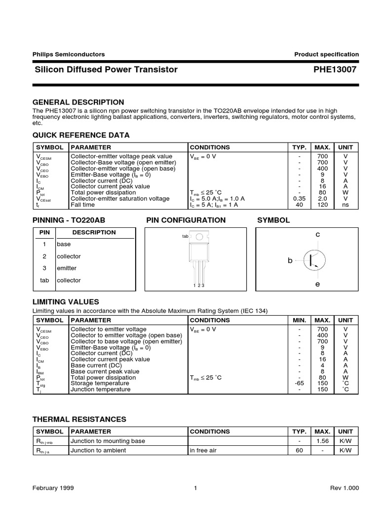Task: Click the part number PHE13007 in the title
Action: [334, 70]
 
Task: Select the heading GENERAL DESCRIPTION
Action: [78, 102]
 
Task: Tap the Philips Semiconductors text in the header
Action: [69, 54]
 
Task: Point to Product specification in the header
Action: [326, 54]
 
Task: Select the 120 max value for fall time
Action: [322, 204]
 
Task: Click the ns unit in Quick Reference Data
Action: [345, 204]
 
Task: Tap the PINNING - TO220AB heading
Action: [76, 220]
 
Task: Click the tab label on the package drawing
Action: [185, 236]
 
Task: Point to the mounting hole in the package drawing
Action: [199, 237]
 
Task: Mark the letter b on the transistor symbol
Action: [291, 260]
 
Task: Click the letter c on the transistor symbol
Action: [318, 235]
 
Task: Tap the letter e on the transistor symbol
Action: [318, 285]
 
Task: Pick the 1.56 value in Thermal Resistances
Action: [322, 441]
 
